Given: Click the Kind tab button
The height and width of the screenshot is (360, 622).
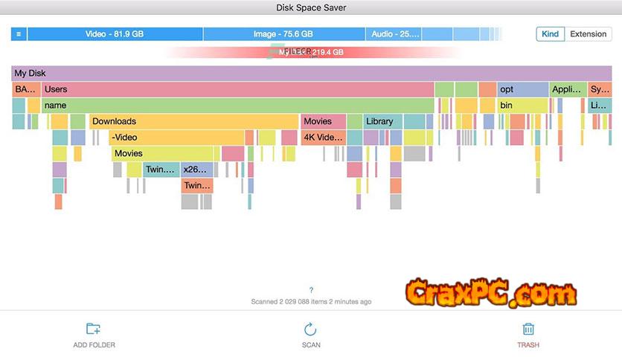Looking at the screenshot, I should coord(550,34).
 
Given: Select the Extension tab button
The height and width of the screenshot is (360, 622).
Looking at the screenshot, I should coord(588,34).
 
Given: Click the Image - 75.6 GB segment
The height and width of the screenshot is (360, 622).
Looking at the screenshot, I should coord(283,34).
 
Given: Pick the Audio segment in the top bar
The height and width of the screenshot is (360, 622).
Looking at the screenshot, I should coord(395,34).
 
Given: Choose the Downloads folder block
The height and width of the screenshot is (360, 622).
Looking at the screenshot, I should coord(193,121).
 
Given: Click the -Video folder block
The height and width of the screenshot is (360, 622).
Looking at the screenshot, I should coord(176,138).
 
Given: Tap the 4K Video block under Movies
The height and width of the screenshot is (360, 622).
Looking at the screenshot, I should coord(323,138).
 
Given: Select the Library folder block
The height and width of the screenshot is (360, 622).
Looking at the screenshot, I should coord(382,121).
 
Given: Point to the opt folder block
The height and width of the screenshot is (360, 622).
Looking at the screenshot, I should coord(522,89).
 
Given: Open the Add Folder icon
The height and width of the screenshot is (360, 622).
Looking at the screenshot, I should coord(94,329).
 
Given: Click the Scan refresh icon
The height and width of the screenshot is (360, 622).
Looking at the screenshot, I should coord(311,329).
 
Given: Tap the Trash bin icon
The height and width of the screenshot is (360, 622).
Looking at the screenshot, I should coord(528,329).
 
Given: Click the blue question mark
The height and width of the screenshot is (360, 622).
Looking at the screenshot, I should coord(311,290).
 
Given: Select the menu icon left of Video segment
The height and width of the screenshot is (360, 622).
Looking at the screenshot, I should coord(19,34).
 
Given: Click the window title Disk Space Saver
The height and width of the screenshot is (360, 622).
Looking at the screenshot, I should coord(311,8).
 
